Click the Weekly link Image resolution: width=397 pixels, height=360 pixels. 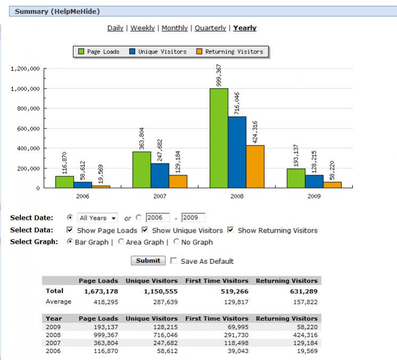click(x=142, y=28)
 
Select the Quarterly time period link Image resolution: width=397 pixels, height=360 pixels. click(x=210, y=28)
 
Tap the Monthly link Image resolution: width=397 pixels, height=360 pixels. click(x=174, y=28)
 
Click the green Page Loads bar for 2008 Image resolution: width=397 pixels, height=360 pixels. click(x=218, y=138)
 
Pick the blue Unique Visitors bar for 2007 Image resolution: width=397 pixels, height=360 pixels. click(x=160, y=175)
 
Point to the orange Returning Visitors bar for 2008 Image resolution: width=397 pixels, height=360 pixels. click(x=255, y=166)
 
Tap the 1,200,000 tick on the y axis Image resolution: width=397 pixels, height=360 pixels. click(x=25, y=69)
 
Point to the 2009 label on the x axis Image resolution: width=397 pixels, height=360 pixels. click(x=314, y=196)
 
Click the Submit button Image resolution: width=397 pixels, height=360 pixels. click(x=148, y=261)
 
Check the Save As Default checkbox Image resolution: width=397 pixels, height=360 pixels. click(x=173, y=261)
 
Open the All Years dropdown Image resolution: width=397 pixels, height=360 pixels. click(x=98, y=218)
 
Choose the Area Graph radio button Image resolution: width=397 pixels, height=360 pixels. click(x=121, y=242)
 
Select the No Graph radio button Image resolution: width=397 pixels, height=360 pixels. click(x=177, y=242)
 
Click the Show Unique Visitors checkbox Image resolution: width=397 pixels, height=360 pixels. click(x=145, y=231)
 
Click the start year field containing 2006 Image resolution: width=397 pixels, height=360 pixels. click(x=157, y=218)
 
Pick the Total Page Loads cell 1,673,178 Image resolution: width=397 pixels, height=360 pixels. click(x=101, y=291)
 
